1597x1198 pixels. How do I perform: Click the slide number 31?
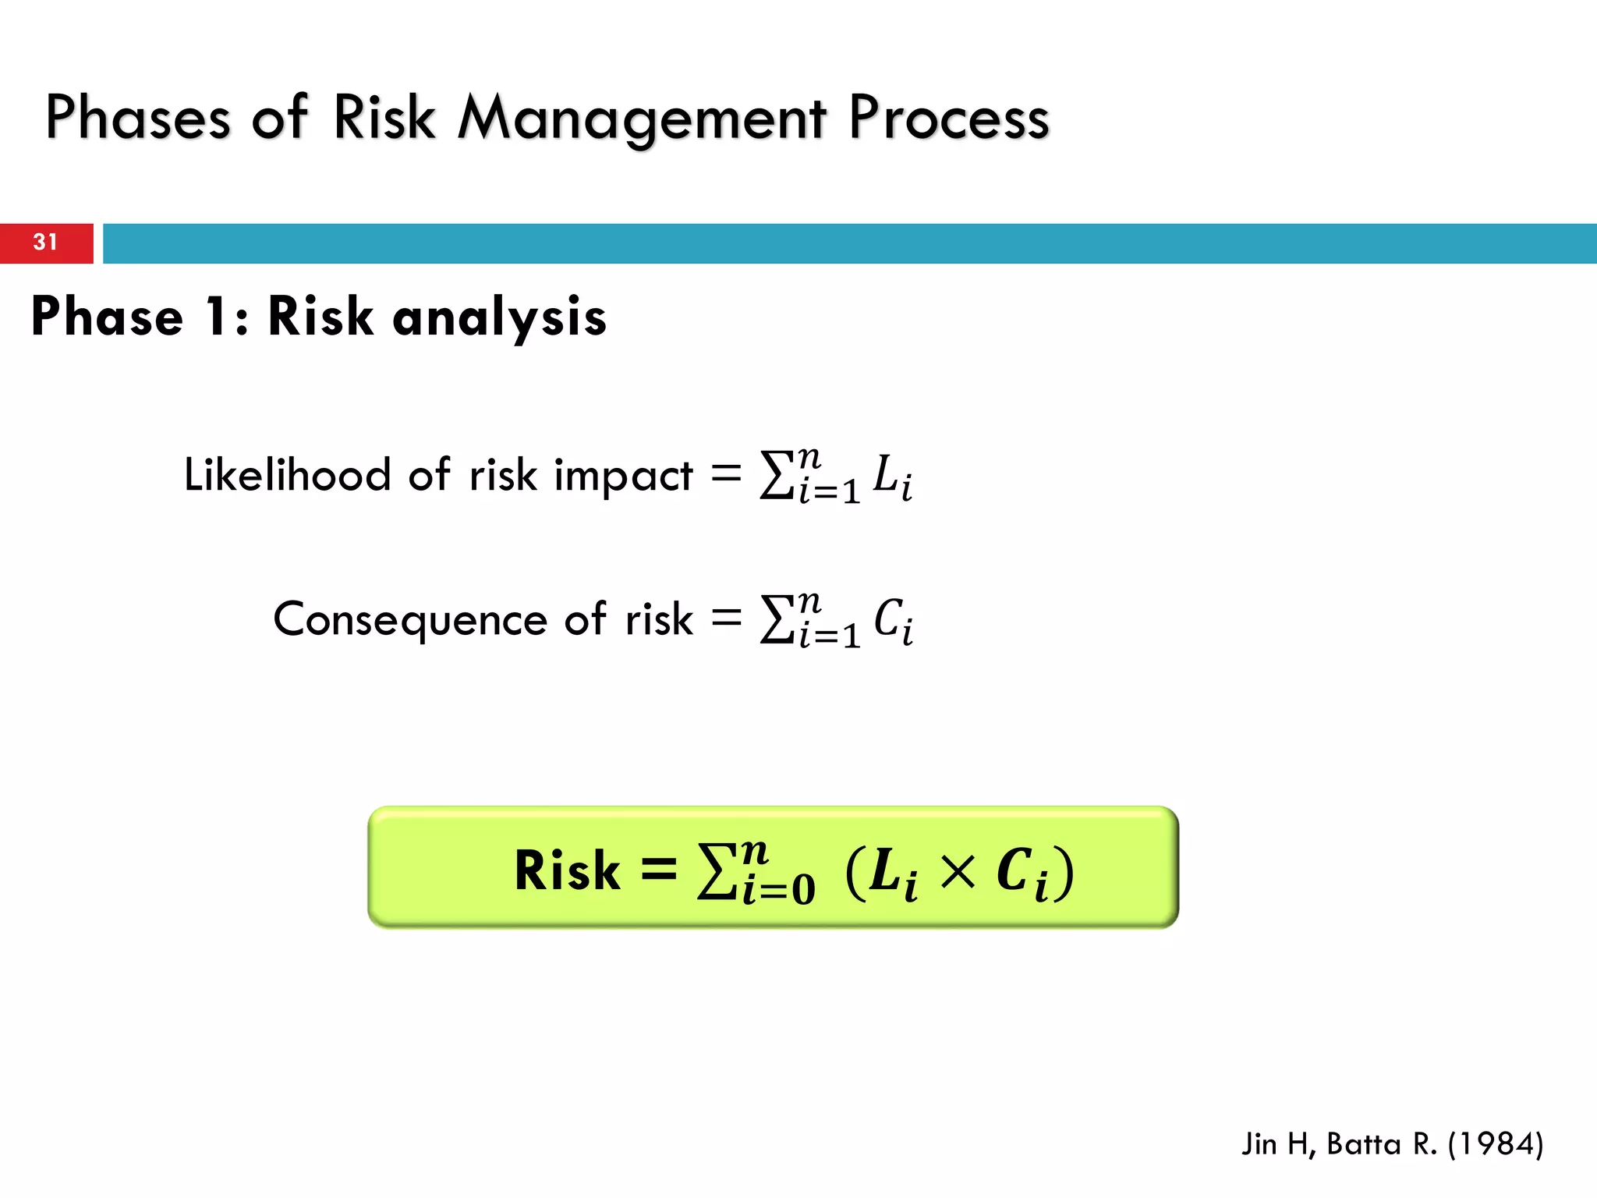pos(45,242)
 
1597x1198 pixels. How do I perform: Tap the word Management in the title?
pos(641,119)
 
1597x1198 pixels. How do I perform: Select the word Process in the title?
pos(949,119)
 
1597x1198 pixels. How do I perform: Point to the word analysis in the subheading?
pos(499,317)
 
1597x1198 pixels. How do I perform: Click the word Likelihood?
pos(287,474)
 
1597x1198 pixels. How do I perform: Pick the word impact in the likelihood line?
pos(623,476)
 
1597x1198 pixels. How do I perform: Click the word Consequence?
pos(410,619)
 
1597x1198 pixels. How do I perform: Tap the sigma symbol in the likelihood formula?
pos(777,476)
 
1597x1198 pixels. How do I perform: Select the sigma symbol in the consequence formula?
pos(777,620)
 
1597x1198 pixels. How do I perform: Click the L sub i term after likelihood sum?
pos(892,477)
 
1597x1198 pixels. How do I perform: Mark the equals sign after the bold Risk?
pos(659,870)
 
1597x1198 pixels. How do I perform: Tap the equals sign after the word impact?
pos(726,473)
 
